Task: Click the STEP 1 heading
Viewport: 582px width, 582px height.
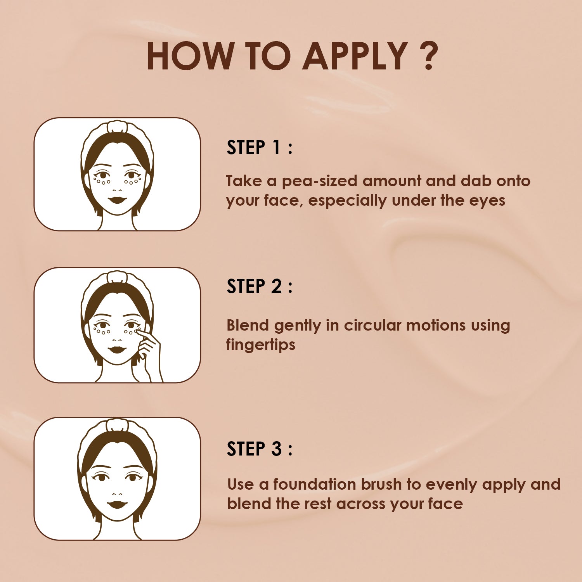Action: point(259,147)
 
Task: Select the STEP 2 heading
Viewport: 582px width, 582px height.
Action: point(259,286)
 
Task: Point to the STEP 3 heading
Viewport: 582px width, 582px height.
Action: point(259,449)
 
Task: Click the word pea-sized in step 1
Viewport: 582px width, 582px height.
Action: point(319,182)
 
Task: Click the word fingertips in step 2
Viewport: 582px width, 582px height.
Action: point(260,345)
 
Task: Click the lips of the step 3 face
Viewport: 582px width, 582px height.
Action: point(117,505)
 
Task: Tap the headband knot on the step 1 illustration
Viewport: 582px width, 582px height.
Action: point(117,126)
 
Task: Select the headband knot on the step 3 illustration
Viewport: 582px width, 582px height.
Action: point(117,424)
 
